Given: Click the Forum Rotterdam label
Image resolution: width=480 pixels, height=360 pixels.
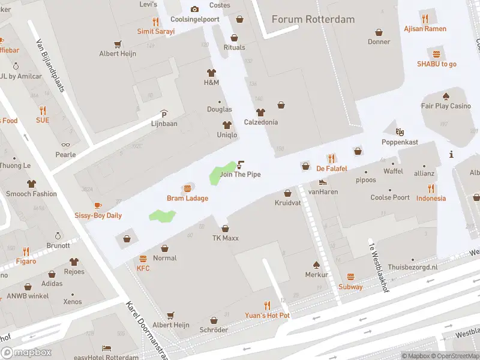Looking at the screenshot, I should [313, 19].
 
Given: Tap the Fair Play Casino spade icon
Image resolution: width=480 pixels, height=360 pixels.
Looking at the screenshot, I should [446, 96].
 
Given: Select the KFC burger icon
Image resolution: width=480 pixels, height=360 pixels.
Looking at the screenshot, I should [143, 259].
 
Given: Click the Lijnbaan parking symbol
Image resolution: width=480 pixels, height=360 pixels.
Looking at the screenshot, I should [164, 114].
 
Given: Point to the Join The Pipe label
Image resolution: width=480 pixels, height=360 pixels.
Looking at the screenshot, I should [240, 175].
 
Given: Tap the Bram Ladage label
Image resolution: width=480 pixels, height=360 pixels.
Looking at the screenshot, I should [187, 199].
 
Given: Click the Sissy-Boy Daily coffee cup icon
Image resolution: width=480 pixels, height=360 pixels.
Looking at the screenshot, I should [98, 206].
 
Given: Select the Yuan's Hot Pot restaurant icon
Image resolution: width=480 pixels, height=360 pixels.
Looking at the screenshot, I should [267, 305].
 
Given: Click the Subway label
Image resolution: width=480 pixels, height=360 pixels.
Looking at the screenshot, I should [350, 287].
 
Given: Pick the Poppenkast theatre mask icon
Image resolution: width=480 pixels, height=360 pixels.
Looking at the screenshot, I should [400, 132].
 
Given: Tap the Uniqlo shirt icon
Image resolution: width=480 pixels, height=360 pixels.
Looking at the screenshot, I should [227, 125].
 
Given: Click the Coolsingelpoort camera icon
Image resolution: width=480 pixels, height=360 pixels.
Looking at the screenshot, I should [194, 9].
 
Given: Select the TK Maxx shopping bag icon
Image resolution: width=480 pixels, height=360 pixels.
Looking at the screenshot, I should [225, 228].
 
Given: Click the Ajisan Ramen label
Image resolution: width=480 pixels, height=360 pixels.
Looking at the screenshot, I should [425, 29].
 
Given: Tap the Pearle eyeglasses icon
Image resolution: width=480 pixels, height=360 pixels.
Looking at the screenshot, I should [65, 145].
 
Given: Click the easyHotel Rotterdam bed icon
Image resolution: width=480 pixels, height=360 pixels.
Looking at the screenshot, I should [106, 348].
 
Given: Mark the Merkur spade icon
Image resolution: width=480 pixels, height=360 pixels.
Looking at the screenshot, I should [316, 265].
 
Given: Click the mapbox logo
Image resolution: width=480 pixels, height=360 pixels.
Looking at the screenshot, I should [26, 352].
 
